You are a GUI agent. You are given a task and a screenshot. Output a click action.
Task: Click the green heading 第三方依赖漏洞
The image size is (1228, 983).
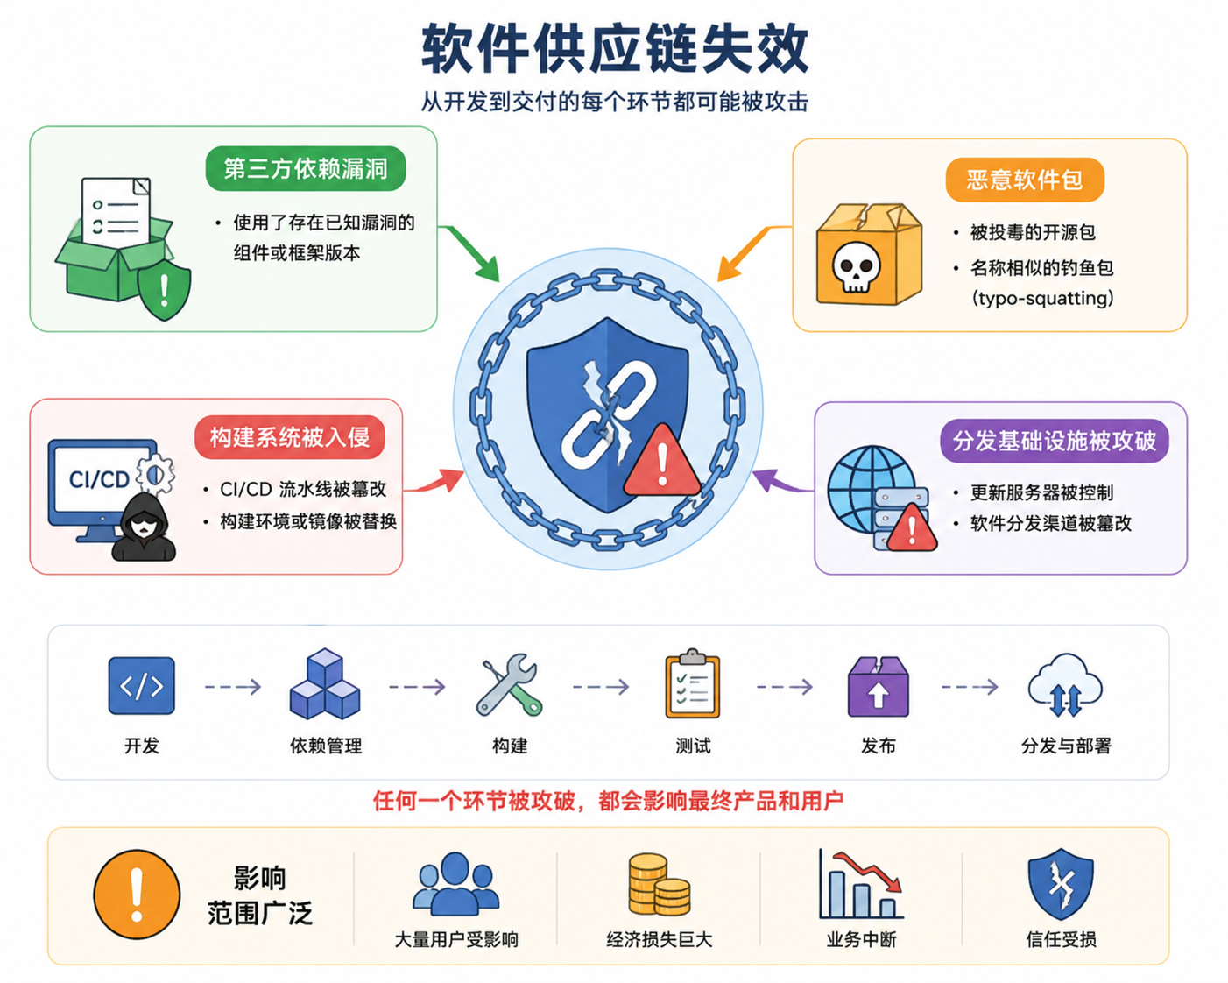[306, 169]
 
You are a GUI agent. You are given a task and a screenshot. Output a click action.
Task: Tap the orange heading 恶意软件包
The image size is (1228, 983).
[1025, 180]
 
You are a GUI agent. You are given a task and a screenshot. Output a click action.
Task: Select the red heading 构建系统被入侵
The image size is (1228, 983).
[289, 437]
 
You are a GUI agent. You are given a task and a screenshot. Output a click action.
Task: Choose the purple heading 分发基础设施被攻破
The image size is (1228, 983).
[1055, 441]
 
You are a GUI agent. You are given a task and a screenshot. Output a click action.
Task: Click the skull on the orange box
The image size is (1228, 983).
[856, 266]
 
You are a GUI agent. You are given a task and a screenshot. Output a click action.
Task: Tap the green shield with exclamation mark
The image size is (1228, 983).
[165, 291]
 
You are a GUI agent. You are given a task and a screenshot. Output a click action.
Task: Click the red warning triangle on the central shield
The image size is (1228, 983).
[662, 461]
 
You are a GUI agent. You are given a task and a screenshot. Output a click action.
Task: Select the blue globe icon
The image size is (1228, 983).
[871, 488]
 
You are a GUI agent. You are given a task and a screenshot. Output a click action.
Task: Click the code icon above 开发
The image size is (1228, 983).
[142, 686]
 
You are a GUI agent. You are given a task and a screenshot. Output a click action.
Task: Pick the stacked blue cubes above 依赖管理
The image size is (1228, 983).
[325, 683]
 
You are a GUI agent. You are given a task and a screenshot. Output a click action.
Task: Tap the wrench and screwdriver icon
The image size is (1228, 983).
[509, 684]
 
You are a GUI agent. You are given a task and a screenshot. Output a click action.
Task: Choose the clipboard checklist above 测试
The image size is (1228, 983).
[693, 683]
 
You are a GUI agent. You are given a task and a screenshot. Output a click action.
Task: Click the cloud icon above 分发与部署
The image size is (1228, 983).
[1065, 685]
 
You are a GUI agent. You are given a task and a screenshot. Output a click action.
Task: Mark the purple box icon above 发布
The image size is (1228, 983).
[879, 686]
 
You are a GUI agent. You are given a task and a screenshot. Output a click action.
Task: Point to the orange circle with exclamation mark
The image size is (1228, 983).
[137, 895]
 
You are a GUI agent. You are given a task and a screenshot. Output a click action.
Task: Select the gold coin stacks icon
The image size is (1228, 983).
[659, 884]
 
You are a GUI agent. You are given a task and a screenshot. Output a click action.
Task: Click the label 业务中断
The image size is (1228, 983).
[862, 939]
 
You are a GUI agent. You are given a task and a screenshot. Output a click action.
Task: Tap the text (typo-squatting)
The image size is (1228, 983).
[1042, 298]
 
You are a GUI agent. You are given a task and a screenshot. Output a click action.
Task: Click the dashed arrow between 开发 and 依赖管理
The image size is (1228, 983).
[233, 686]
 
